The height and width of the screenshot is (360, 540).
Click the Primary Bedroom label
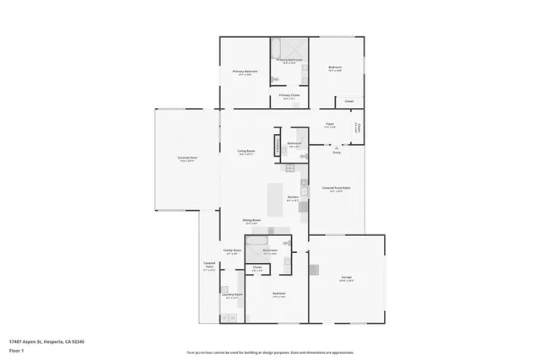click(x=244, y=73)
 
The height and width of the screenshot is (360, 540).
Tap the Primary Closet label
click(x=289, y=96)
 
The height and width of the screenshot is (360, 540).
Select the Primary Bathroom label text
click(x=289, y=60)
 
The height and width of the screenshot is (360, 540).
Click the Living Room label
click(x=246, y=153)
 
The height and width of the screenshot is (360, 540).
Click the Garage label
click(x=346, y=277)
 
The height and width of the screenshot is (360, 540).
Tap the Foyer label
click(x=331, y=125)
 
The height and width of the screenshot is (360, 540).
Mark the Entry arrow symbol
click(x=337, y=146)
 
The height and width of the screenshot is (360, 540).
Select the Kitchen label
click(x=292, y=197)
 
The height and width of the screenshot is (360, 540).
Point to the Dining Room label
click(x=251, y=221)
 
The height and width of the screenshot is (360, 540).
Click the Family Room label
click(x=232, y=250)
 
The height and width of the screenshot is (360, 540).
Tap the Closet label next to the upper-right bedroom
click(x=348, y=101)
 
